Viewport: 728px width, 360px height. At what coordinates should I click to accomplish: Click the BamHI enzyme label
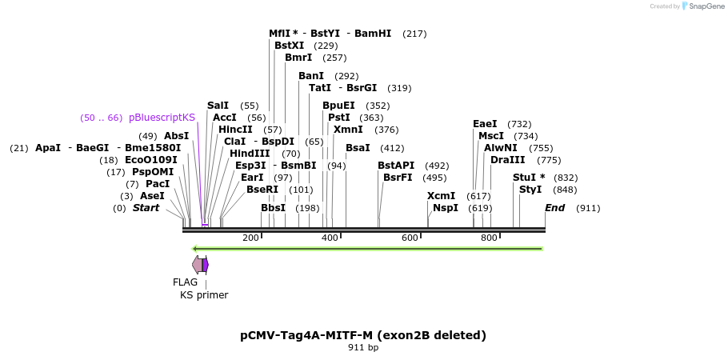tap(373, 34)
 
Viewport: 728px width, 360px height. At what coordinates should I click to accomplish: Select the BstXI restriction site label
tap(290, 46)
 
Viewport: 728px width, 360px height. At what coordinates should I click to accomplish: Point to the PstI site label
tap(339, 118)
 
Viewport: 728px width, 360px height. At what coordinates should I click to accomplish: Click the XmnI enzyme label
tap(348, 130)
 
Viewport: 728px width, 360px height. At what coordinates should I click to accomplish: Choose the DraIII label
tap(508, 160)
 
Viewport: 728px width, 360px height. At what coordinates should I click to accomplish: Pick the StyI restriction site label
tap(530, 190)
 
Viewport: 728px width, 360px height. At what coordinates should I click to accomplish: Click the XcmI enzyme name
tap(441, 196)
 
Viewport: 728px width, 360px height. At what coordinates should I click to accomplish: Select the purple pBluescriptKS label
tap(162, 118)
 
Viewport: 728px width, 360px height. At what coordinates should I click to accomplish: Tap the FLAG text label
tap(186, 282)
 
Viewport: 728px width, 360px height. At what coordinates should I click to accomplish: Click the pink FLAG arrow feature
tap(198, 264)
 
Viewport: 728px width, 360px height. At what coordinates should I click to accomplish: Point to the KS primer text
tap(204, 295)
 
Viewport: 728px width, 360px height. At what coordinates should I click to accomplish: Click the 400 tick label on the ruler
tap(330, 238)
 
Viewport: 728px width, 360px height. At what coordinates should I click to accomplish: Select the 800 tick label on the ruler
tap(489, 238)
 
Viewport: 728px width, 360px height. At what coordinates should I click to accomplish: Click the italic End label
tap(555, 208)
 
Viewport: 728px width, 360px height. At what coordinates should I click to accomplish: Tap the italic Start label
tap(146, 208)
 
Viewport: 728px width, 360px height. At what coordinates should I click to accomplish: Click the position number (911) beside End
tap(588, 209)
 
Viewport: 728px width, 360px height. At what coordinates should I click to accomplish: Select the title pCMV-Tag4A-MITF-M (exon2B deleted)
tap(363, 335)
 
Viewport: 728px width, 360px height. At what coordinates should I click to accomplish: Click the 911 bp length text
tap(363, 347)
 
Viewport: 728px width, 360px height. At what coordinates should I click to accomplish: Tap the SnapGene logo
tap(703, 6)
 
